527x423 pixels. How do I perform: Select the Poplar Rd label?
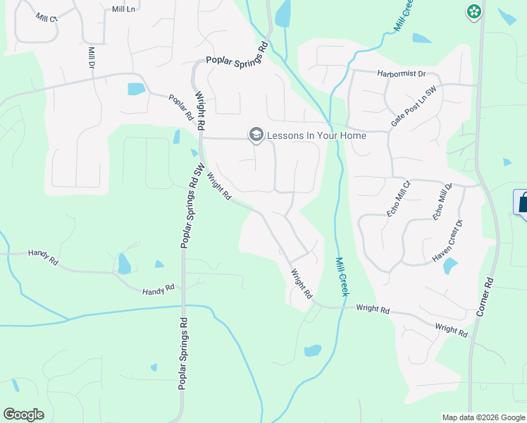181,107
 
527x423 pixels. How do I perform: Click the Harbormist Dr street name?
402,73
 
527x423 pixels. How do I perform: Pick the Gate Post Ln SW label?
415,109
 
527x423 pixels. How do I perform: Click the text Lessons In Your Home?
316,135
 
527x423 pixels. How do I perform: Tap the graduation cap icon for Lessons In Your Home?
256,135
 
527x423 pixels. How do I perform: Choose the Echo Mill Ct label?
398,195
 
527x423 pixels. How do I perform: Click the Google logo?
23,415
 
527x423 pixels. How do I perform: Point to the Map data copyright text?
483,417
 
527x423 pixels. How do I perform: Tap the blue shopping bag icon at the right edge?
522,202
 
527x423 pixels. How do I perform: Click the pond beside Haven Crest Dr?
449,266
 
